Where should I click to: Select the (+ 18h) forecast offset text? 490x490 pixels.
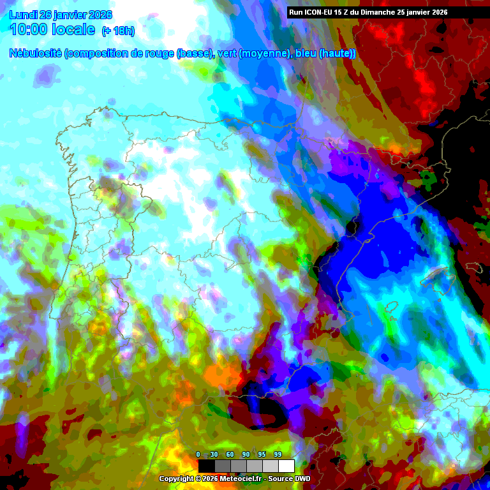point(118,31)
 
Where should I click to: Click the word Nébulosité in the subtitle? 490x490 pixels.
point(35,54)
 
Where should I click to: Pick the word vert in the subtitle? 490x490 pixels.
point(226,54)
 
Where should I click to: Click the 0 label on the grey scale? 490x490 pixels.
point(198,454)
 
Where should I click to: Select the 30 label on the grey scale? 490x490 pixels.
point(214,454)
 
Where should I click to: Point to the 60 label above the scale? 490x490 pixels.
point(230,454)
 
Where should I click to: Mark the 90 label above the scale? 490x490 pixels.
point(246,454)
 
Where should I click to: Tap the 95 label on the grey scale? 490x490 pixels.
point(262,454)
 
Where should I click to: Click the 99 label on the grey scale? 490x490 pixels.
point(278,454)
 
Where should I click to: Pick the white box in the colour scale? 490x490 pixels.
point(286,466)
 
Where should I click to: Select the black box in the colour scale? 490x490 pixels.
point(206,466)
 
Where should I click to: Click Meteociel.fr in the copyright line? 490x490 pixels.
point(239,479)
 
